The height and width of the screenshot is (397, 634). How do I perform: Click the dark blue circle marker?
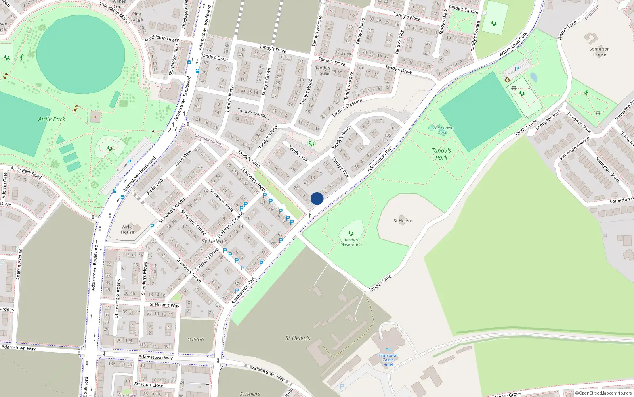point(317,198)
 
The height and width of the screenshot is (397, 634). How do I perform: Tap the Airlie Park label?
point(52,119)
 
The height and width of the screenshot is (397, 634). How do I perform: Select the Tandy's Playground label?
point(351,242)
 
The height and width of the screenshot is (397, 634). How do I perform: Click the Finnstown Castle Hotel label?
point(388,360)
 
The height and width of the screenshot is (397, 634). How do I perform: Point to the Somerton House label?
point(599,52)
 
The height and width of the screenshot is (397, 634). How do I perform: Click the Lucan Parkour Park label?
point(442,130)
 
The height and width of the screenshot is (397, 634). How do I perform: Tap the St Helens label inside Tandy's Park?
point(403,221)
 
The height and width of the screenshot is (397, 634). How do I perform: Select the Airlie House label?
point(127,229)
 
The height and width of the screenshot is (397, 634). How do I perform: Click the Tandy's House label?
point(323,71)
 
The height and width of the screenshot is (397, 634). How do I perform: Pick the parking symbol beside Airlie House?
point(152,226)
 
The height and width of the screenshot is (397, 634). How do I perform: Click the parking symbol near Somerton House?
point(517,69)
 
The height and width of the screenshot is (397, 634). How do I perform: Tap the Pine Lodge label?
point(136,17)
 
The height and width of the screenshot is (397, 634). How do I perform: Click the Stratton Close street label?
point(149,384)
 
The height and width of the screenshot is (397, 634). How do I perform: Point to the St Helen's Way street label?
point(164,305)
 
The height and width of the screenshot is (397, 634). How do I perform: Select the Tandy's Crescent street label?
point(347,108)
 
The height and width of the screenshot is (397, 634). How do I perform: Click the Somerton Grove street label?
point(607,170)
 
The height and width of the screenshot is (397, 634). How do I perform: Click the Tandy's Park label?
point(441,154)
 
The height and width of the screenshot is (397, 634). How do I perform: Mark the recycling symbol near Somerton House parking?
point(507,80)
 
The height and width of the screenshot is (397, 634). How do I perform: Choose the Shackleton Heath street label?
point(162,39)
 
